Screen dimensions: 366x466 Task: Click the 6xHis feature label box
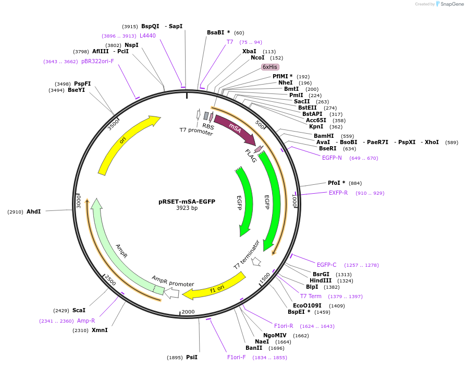tap(270, 67)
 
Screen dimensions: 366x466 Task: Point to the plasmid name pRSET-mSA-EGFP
tap(187, 202)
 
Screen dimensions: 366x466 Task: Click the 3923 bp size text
tap(187, 208)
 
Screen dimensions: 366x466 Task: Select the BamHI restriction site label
tap(324, 136)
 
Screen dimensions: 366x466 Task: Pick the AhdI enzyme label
tap(33, 211)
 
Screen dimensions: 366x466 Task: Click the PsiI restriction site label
tap(191, 357)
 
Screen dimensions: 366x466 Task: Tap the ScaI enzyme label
tap(79, 310)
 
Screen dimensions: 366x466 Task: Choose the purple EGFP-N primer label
tap(332, 158)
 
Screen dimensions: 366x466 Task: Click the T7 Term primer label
tap(311, 296)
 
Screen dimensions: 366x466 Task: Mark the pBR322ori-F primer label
tap(97, 61)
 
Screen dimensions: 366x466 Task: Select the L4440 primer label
tap(148, 36)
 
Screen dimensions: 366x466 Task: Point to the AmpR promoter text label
tap(173, 280)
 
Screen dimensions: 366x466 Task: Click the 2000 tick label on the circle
tap(188, 312)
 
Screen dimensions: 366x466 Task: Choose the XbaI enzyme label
tap(249, 51)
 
